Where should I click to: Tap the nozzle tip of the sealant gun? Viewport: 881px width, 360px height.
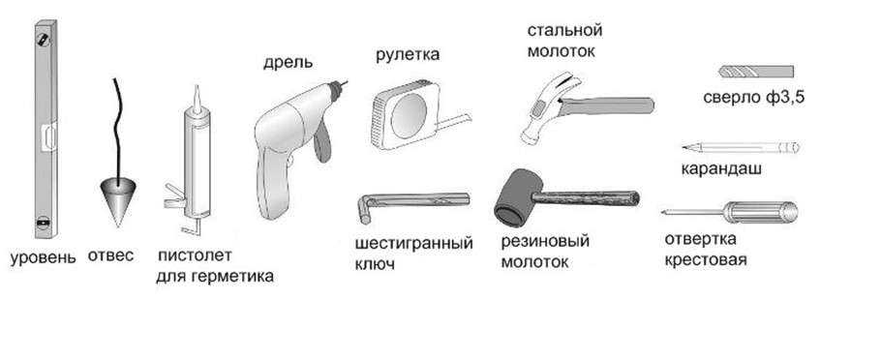pos(197,86)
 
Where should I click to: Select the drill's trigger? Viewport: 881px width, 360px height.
pos(322,144)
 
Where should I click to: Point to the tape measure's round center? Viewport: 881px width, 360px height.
pos(409,115)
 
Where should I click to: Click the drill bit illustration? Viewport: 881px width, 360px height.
pos(756,72)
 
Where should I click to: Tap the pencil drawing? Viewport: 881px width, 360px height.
pos(741,148)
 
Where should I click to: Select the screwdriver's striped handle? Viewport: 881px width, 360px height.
pos(760,212)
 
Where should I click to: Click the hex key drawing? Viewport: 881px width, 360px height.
pos(412,200)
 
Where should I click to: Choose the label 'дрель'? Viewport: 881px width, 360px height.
pos(288,62)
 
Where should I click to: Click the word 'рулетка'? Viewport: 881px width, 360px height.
pos(408,55)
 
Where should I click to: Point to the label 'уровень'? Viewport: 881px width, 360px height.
pos(44,258)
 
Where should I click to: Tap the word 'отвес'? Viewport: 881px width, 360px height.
pos(110,255)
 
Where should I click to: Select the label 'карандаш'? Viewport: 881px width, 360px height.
pos(721,168)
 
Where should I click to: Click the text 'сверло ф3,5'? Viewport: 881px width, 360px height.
pos(754,98)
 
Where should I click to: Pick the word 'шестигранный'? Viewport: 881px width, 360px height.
pos(414,244)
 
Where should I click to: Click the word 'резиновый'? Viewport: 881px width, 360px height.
pos(545,242)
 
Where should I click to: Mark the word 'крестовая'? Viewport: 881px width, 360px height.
pos(705,260)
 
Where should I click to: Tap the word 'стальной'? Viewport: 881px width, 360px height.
pos(564,30)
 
